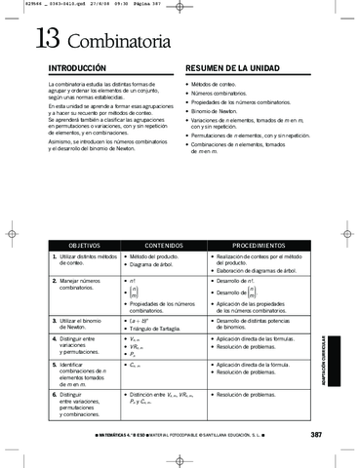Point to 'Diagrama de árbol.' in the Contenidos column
(158, 264)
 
